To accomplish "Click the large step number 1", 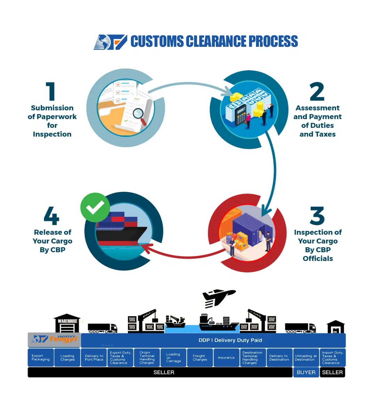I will tap(51, 91).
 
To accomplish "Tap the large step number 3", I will tap(317, 216).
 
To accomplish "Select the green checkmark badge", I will tap(95, 208).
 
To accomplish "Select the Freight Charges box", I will tap(200, 358).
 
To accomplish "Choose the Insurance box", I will tap(226, 358).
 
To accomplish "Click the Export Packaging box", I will tap(41, 358).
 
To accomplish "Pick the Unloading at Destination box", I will tap(306, 358).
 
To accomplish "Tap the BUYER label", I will tap(306, 372).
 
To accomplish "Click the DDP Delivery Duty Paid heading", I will tap(230, 340).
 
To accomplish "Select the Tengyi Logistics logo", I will tap(54, 339).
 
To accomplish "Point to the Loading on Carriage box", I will tap(173, 358).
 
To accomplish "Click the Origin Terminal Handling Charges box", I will tap(147, 358).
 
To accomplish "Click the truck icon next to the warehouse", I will tap(102, 328).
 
